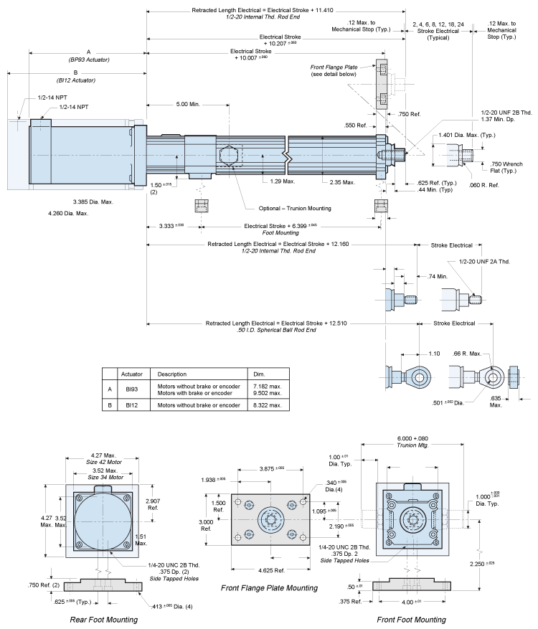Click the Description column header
click(172, 374)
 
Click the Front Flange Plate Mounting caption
click(269, 588)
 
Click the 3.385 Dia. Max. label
click(93, 202)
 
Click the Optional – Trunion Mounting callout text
click(295, 209)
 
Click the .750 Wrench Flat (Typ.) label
click(506, 166)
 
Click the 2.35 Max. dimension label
click(341, 182)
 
